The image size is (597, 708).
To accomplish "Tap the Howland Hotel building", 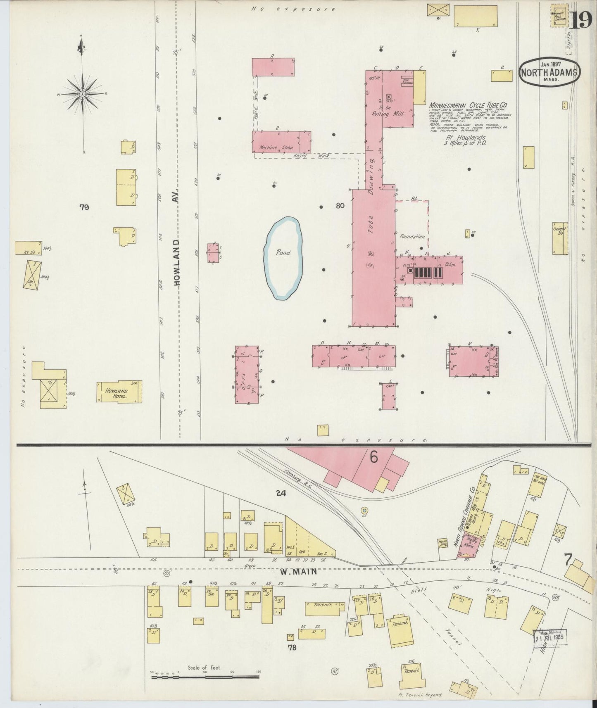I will [119, 392].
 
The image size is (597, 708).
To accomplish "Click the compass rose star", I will [82, 94].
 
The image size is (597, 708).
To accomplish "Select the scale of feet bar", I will [205, 678].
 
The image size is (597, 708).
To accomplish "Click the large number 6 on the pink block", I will [373, 457].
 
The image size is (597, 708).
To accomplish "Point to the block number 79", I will [84, 207].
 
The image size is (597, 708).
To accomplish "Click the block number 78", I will [292, 647].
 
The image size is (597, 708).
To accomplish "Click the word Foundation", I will [412, 237].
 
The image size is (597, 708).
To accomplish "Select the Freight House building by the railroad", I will [560, 238].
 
